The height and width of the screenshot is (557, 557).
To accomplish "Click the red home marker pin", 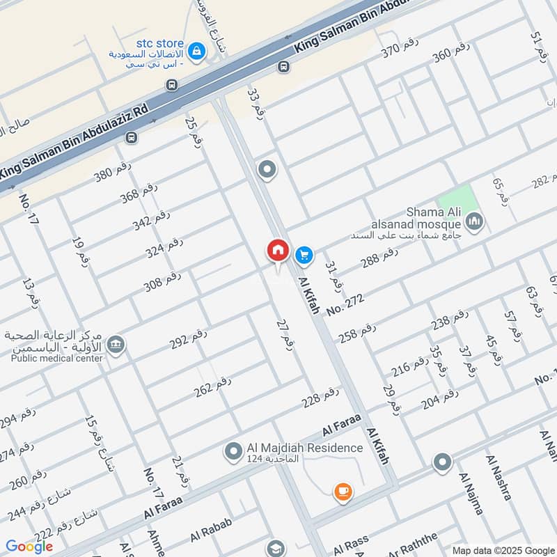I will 277,251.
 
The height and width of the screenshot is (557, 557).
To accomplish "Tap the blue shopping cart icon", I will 304,255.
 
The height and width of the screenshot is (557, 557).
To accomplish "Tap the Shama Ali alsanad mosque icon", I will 476,222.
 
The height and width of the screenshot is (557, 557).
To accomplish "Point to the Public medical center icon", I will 116,343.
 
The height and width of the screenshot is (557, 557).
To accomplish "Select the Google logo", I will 29,547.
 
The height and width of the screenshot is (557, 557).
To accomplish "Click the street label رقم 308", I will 162,281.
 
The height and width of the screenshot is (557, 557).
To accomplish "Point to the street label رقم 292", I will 189,338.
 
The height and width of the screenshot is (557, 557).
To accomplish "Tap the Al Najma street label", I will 471,493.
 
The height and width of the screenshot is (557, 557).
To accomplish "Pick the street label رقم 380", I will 113,171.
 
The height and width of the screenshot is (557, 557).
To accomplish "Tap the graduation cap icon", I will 276,548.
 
